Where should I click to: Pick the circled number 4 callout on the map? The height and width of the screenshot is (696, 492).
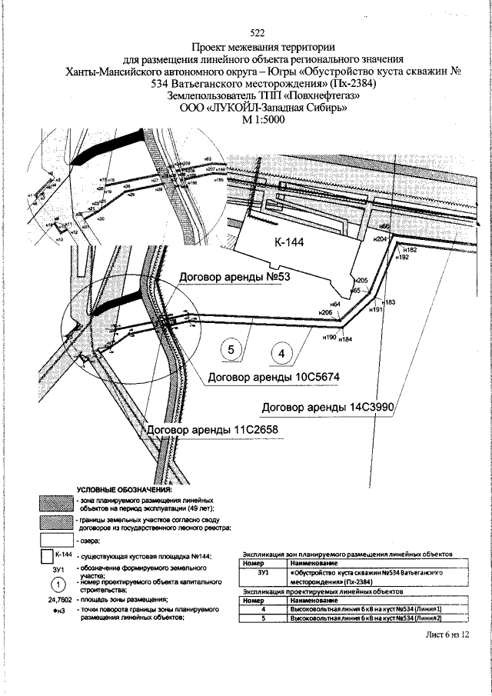[x=283, y=354]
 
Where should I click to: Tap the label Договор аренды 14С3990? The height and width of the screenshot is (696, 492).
[x=328, y=406]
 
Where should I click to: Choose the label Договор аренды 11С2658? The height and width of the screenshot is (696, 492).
[x=202, y=428]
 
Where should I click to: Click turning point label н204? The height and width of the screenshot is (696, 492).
[x=379, y=239]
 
